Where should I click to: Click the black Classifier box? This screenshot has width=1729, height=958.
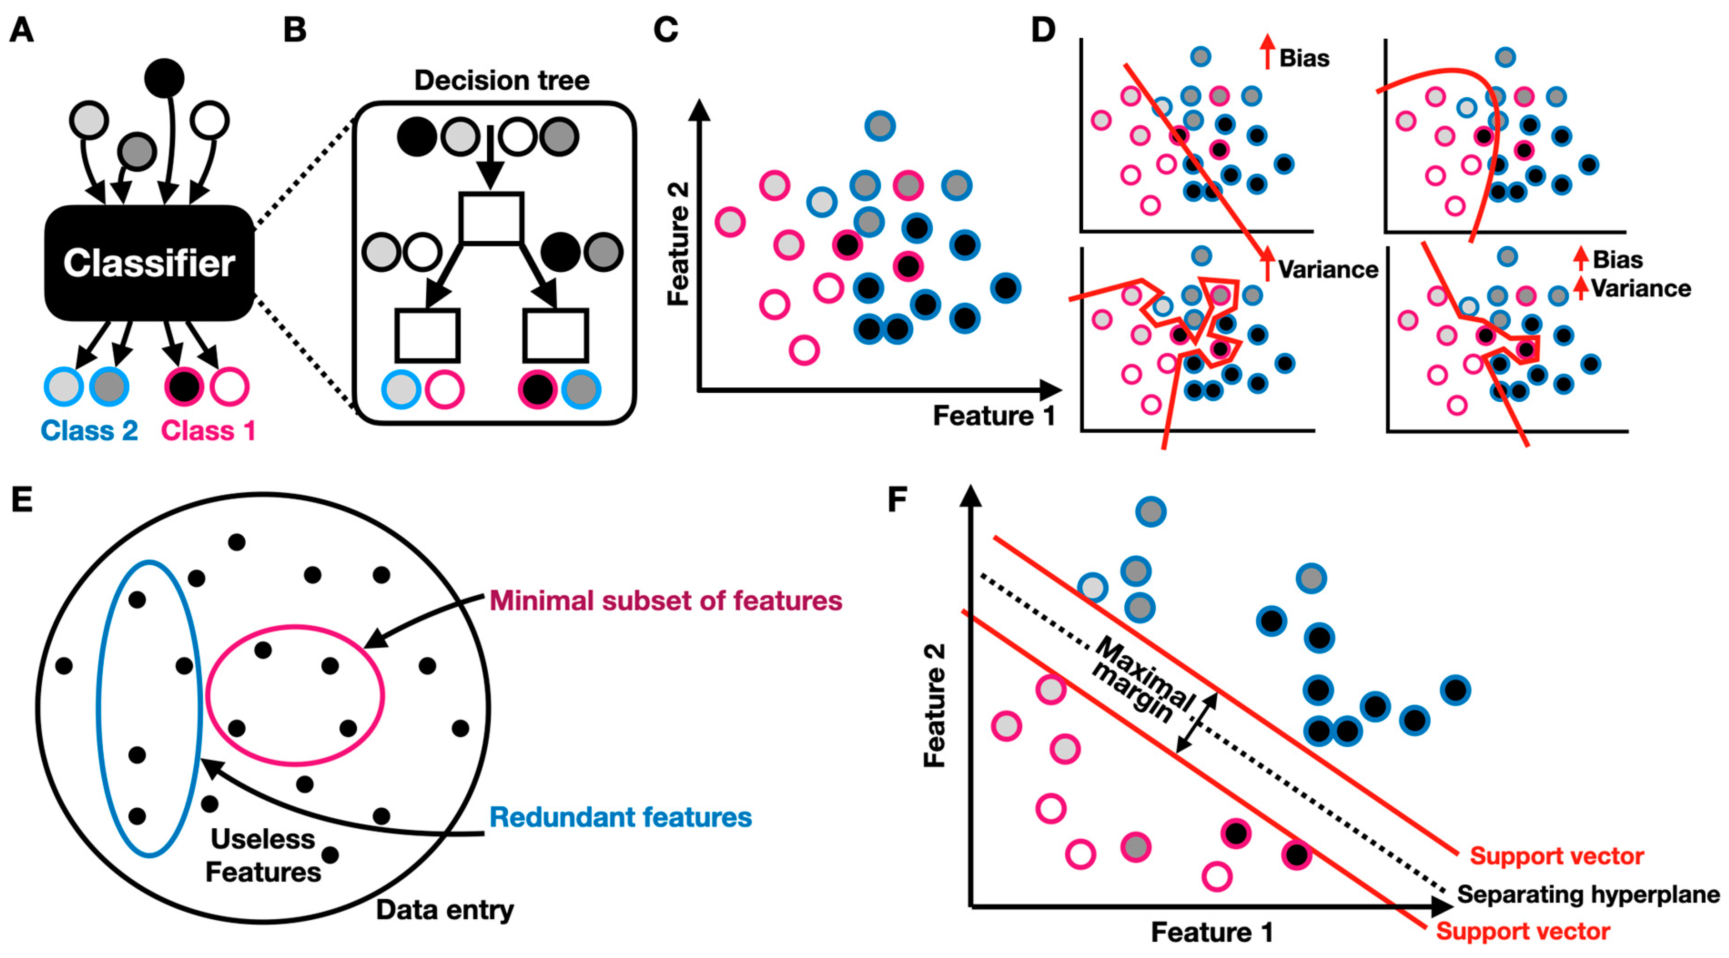[x=149, y=263]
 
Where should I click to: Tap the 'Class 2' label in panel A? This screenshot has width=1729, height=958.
[x=89, y=431]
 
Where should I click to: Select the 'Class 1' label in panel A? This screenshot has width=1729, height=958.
[x=208, y=431]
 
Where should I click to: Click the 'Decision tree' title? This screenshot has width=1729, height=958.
[x=501, y=81]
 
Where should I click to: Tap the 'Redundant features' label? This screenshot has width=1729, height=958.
[x=620, y=817]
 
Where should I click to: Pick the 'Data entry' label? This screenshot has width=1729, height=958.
[x=445, y=910]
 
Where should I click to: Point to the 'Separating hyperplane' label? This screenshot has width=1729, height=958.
[x=1588, y=894]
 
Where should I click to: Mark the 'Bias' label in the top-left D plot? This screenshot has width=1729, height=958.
[x=1304, y=58]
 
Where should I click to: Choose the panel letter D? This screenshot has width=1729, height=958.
[x=1043, y=30]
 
